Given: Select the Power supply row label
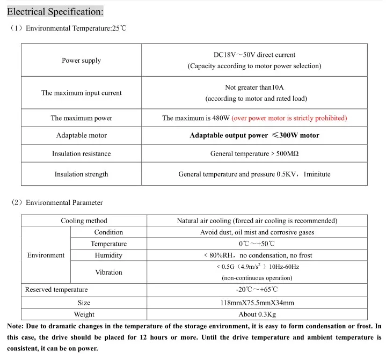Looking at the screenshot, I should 81,61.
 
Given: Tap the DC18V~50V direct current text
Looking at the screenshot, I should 254,55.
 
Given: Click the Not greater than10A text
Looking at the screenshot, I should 254,87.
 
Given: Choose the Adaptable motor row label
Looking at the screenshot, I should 81,136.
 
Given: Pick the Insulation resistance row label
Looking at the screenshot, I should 81,154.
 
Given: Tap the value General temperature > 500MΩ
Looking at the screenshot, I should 254,154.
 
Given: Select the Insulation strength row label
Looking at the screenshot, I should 81,174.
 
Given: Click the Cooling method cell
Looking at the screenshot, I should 84,221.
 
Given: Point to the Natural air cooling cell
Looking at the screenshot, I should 257,221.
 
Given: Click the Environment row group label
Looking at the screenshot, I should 46,255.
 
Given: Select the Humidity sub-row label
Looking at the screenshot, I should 108,255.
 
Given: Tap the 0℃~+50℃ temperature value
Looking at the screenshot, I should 257,244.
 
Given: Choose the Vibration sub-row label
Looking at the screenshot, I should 108,273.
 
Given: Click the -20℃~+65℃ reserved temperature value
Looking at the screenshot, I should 257,290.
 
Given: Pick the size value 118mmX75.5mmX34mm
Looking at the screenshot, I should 257,303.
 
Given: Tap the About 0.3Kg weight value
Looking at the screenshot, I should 257,314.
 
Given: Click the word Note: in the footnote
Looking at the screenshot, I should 17,326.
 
